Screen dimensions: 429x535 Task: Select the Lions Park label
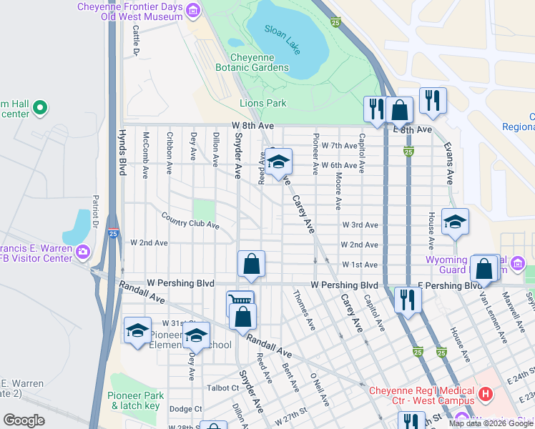click(262, 103)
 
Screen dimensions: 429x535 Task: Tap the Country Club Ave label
click(190, 220)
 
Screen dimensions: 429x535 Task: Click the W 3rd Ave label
click(360, 225)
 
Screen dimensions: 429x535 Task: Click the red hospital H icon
click(486, 393)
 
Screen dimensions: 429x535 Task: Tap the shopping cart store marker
click(239, 301)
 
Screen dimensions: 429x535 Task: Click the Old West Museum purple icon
click(193, 10)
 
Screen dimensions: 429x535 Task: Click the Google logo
click(24, 421)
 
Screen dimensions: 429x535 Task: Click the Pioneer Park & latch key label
click(135, 400)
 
